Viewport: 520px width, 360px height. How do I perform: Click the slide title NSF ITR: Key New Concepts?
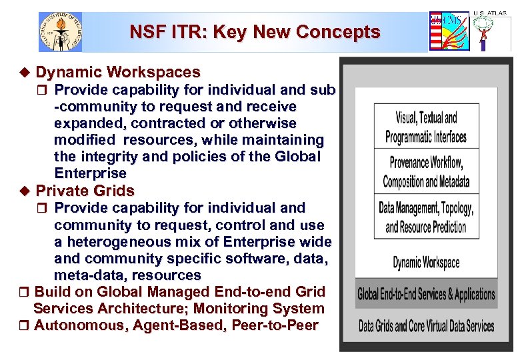click(255, 32)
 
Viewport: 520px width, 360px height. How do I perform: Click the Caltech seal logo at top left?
click(61, 31)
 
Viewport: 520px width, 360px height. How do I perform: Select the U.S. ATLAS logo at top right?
click(491, 30)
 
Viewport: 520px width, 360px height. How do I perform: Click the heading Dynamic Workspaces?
click(118, 72)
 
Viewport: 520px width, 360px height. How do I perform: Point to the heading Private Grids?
click(85, 191)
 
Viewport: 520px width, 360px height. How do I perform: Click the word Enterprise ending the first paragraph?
click(90, 173)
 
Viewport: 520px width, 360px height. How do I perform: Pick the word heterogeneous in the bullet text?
click(125, 242)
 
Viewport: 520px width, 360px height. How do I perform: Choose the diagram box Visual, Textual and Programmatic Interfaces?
click(426, 128)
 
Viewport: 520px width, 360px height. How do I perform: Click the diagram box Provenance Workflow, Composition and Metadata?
click(426, 171)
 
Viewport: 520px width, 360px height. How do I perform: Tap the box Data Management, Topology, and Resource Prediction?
click(426, 217)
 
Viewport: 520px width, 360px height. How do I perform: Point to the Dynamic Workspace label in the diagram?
click(426, 262)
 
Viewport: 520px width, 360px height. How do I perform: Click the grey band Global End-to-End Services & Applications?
click(426, 294)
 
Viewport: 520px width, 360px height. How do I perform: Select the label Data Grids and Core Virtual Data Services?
click(426, 326)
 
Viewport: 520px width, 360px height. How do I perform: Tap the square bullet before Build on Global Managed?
click(25, 292)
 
